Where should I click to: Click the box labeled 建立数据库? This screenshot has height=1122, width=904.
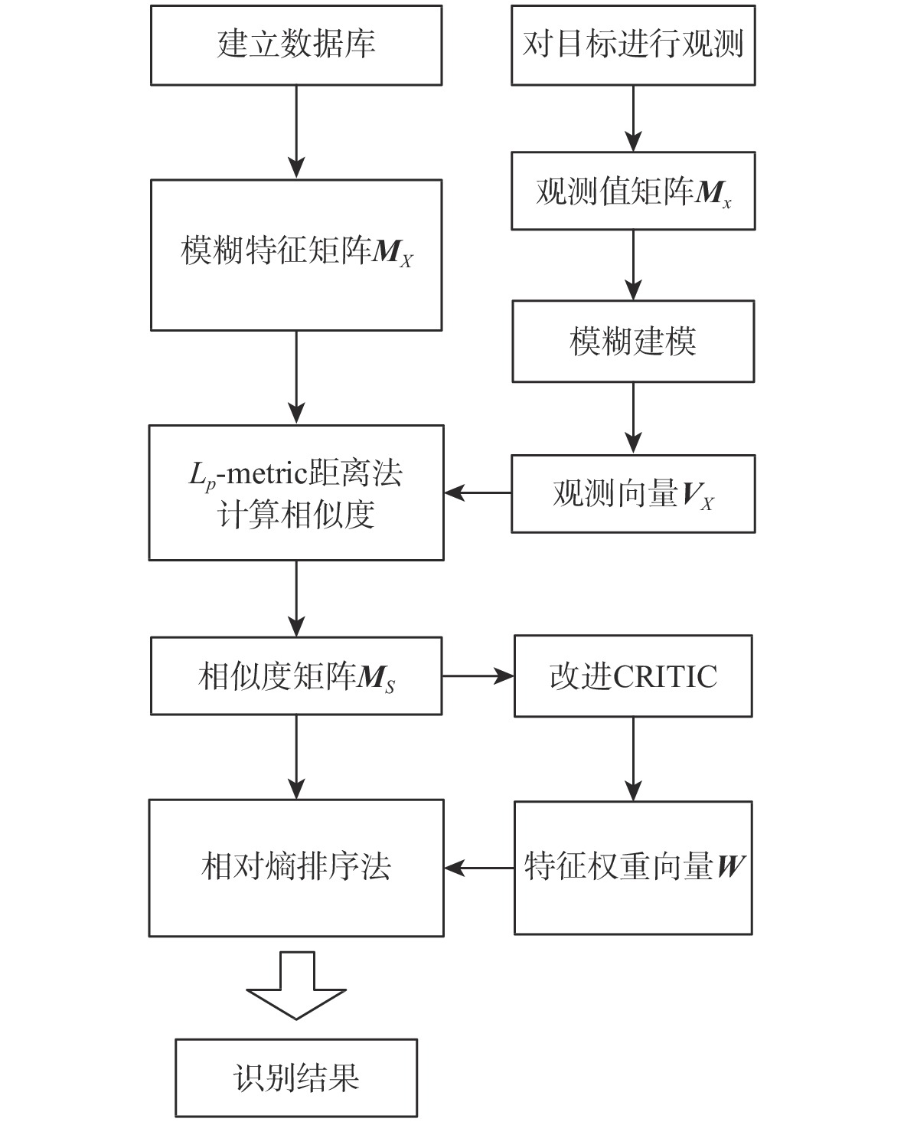295,45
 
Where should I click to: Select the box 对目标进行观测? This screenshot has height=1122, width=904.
632,45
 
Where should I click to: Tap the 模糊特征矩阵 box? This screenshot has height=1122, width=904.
295,255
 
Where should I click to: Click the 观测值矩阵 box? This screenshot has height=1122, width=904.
632,191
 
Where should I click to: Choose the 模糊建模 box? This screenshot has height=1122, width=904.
632,342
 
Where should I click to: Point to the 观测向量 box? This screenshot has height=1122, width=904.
632,494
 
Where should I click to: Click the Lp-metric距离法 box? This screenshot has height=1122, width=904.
295,492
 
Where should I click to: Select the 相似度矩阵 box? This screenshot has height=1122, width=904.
295,676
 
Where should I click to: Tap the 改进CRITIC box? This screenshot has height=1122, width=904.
632,676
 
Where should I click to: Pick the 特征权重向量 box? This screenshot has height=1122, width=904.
632,868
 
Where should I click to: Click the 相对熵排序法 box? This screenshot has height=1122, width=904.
295,868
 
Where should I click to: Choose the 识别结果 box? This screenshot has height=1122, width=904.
295,1078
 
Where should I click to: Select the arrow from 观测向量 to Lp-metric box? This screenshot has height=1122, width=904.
478,492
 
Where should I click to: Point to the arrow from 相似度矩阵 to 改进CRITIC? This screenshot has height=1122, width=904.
478,676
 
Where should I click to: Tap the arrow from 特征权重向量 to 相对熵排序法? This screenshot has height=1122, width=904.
478,868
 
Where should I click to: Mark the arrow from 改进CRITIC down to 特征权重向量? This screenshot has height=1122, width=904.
633,758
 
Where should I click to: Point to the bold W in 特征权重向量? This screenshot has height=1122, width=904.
730,867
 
